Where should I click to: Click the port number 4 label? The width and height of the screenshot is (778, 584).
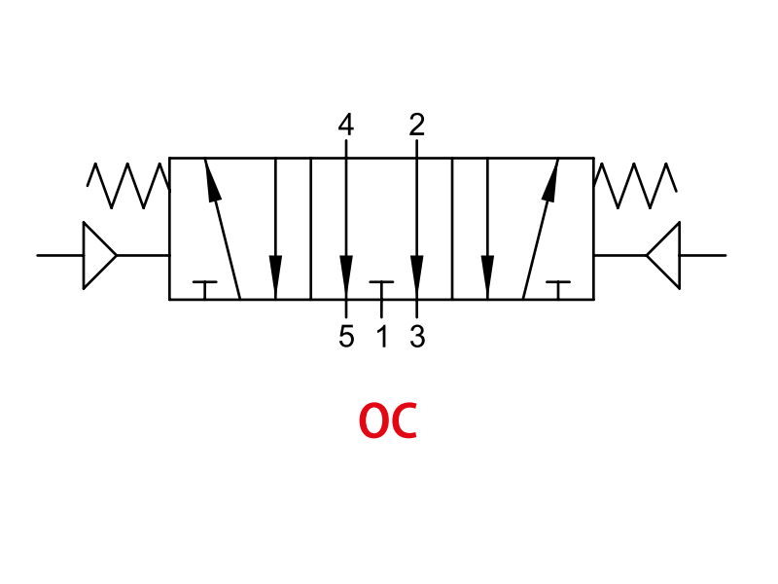[346, 125]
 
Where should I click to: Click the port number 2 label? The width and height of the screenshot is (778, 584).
[417, 125]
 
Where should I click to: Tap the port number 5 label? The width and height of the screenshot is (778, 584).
[346, 336]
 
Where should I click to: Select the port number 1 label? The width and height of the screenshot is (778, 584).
[382, 336]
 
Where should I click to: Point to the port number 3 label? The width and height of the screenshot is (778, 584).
[417, 336]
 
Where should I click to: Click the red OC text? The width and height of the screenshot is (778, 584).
[388, 420]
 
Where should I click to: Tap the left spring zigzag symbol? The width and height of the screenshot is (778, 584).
[128, 185]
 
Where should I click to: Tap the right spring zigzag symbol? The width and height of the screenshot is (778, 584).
[635, 185]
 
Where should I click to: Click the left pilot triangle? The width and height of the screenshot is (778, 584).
[99, 255]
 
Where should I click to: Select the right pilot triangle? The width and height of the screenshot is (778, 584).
[663, 255]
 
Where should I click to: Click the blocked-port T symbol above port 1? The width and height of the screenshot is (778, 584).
[381, 290]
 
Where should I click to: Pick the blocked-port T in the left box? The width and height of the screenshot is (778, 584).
[205, 290]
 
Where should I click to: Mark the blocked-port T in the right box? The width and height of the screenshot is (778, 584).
[558, 290]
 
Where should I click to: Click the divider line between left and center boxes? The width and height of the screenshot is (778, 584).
[310, 229]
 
